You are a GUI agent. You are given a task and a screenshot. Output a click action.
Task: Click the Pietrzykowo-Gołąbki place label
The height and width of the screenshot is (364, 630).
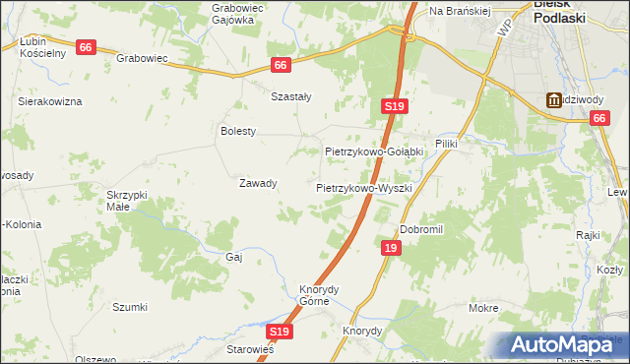pos(374,152)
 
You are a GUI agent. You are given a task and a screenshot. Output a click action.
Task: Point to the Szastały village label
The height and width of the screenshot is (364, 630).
pos(291,96)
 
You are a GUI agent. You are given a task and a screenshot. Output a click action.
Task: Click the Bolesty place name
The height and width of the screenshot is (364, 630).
pos(238,131)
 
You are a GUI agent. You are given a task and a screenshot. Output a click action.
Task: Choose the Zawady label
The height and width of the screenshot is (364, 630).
pos(258,183)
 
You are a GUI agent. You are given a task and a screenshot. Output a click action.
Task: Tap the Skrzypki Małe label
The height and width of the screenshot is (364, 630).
pos(127,201)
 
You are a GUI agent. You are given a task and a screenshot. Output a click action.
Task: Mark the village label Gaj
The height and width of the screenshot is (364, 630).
pos(234,256)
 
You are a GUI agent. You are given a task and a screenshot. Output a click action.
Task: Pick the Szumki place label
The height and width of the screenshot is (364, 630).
pos(130,307)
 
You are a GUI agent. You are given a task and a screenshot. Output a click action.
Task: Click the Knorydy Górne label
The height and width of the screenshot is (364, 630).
pos(319,295)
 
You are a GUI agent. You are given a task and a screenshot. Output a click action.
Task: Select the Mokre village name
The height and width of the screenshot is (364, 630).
pos(483,308)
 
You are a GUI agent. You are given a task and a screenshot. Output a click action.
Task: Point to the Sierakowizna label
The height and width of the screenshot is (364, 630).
pos(50,101)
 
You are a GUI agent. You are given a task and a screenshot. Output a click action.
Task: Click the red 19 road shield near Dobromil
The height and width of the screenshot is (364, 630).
pos(391,249)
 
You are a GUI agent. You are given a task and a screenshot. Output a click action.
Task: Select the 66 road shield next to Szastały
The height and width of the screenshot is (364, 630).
pos(282,65)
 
